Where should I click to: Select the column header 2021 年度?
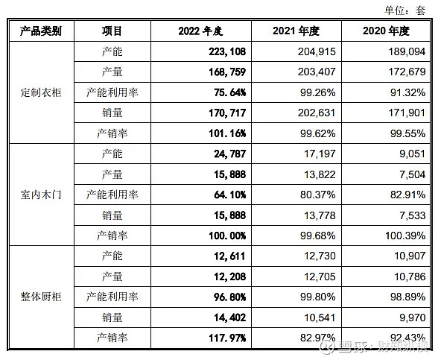[296, 31]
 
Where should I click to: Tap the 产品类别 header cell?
[40, 31]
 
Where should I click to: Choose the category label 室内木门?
[41, 195]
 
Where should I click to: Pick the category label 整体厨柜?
[41, 297]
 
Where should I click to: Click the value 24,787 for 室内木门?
[226, 154]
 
